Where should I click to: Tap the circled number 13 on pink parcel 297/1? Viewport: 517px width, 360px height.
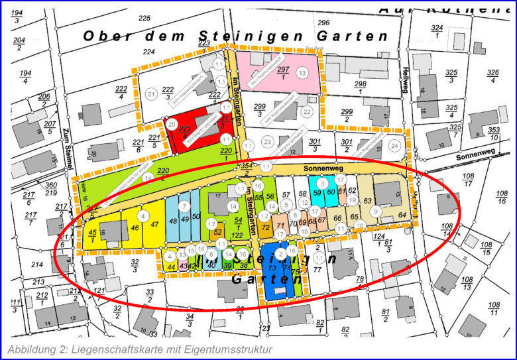302,72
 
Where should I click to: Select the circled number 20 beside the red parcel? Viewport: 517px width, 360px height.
171,124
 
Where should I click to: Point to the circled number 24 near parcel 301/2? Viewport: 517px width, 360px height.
395,145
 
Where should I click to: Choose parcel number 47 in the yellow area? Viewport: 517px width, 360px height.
154,224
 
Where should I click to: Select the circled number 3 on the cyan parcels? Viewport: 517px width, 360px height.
321,183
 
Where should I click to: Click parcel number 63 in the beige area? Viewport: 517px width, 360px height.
367,200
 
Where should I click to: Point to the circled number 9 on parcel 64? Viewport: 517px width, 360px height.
376,211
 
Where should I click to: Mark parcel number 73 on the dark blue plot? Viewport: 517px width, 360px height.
272,269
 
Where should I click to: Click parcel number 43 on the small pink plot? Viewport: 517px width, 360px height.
182,266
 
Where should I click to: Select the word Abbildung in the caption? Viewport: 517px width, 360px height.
30,349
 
